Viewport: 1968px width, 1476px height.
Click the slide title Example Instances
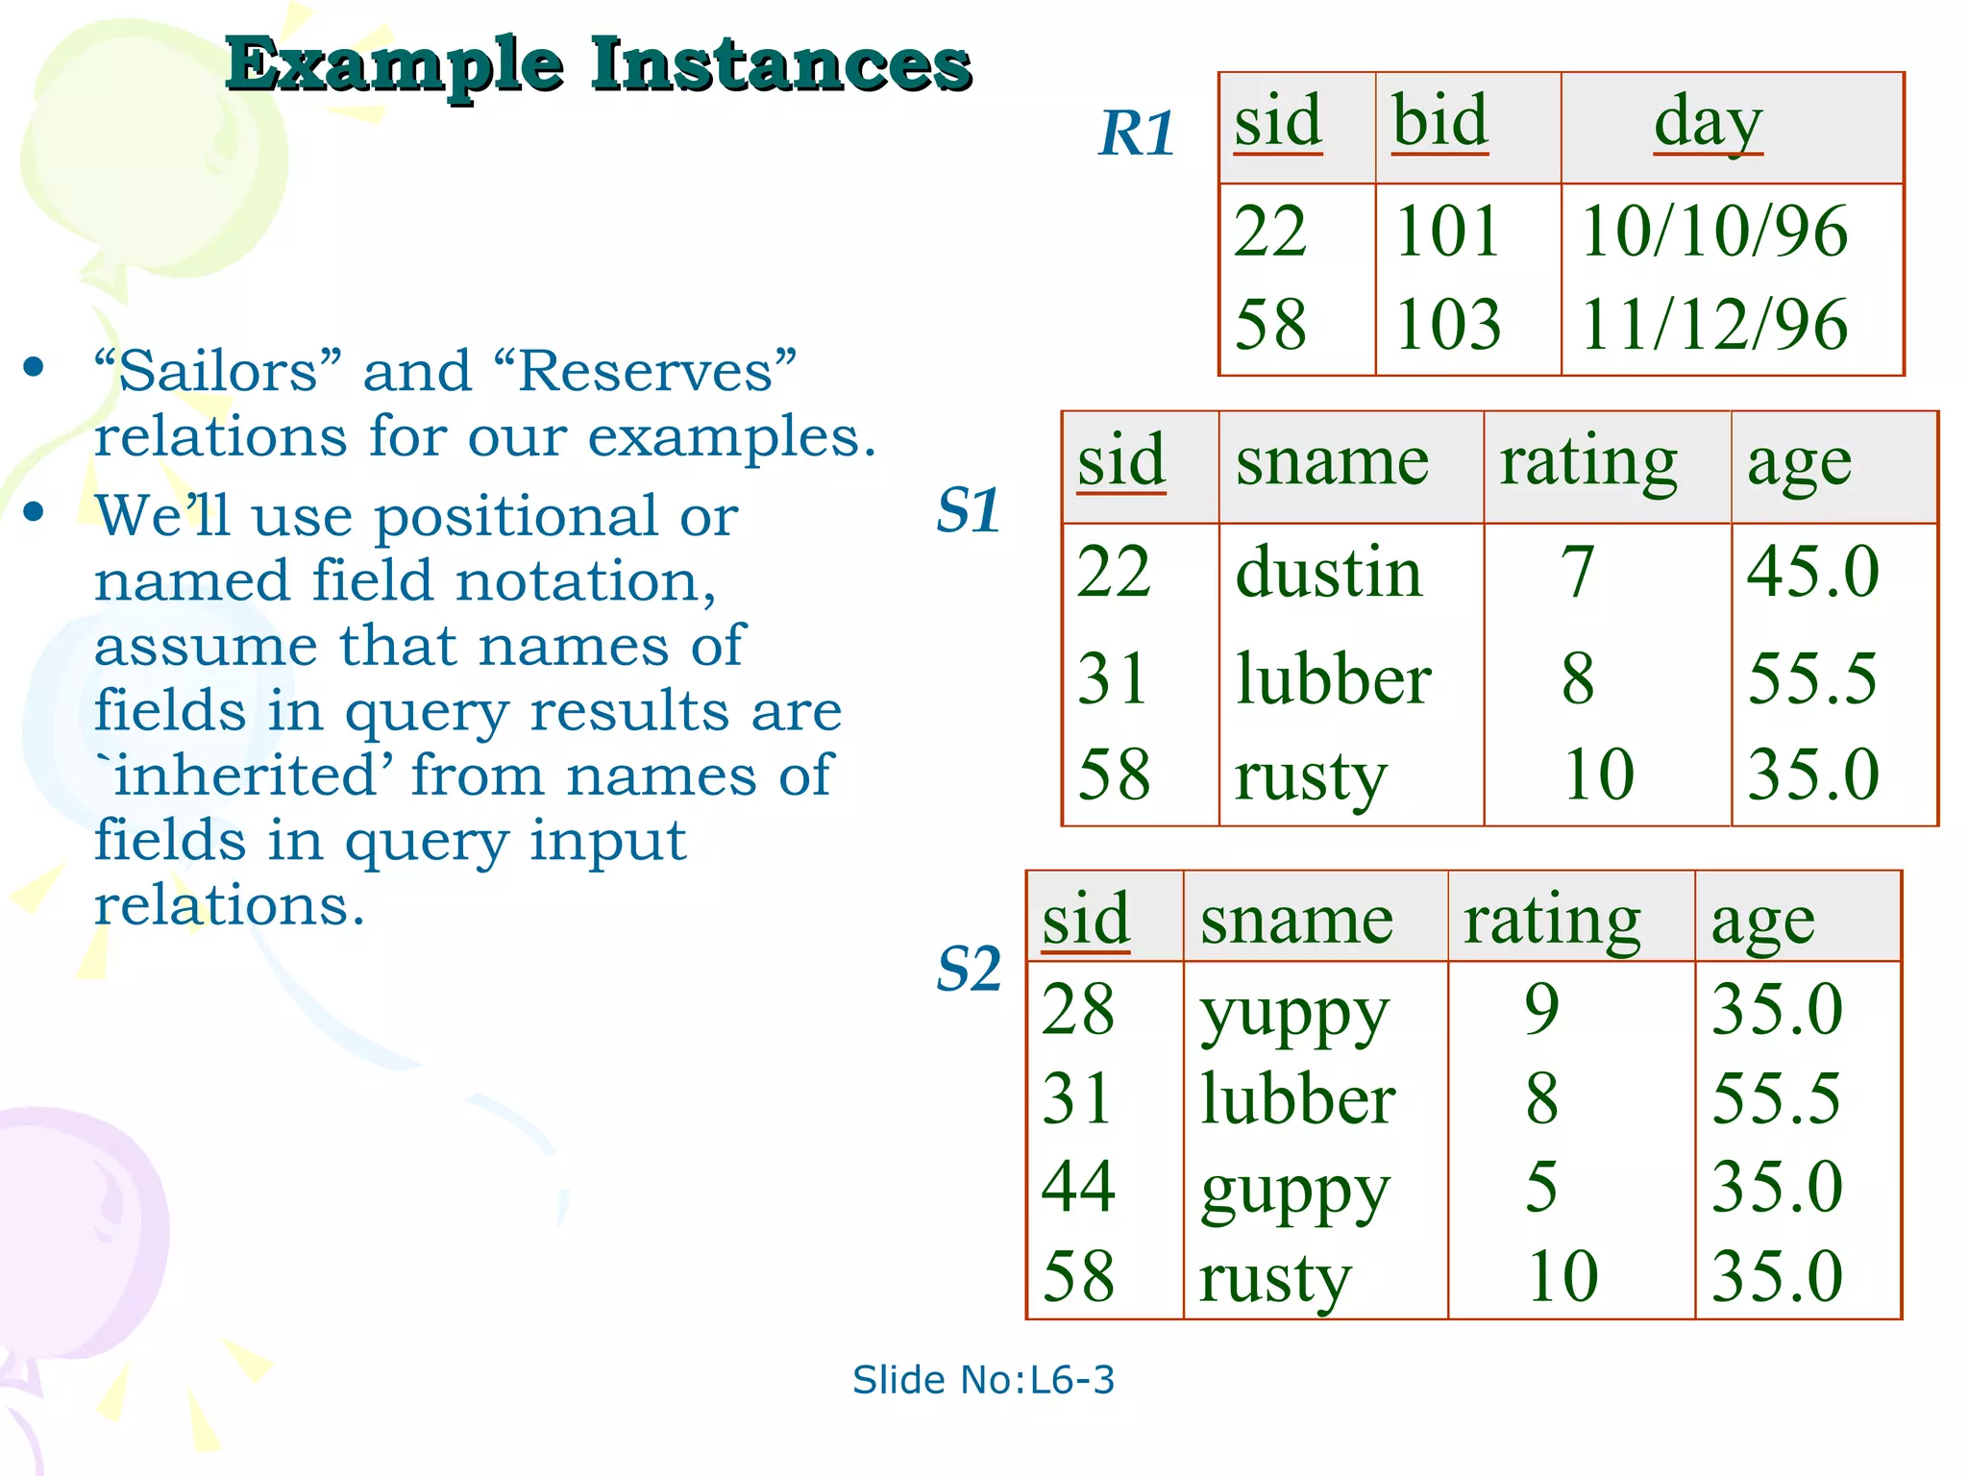pos(598,65)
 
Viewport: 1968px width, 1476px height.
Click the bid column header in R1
pos(1439,122)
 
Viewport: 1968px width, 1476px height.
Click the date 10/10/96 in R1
pos(1713,232)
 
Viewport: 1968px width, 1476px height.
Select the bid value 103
pos(1447,324)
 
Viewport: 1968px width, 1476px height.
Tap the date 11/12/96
pos(1713,324)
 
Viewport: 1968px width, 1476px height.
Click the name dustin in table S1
pos(1328,573)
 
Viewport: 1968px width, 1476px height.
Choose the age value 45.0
pos(1812,572)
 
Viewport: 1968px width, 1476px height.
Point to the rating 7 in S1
pos(1578,573)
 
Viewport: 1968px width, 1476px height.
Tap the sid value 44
pos(1078,1187)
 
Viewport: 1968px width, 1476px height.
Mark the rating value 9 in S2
pos(1541,1010)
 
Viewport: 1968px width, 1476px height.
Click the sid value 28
pos(1078,1010)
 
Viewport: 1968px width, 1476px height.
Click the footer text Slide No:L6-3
pos(983,1380)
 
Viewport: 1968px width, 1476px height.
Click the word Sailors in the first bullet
pos(219,371)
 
